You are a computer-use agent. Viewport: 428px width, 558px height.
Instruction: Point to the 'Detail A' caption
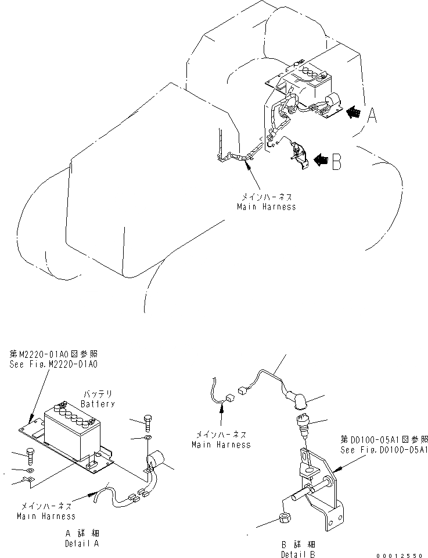tap(81, 543)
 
